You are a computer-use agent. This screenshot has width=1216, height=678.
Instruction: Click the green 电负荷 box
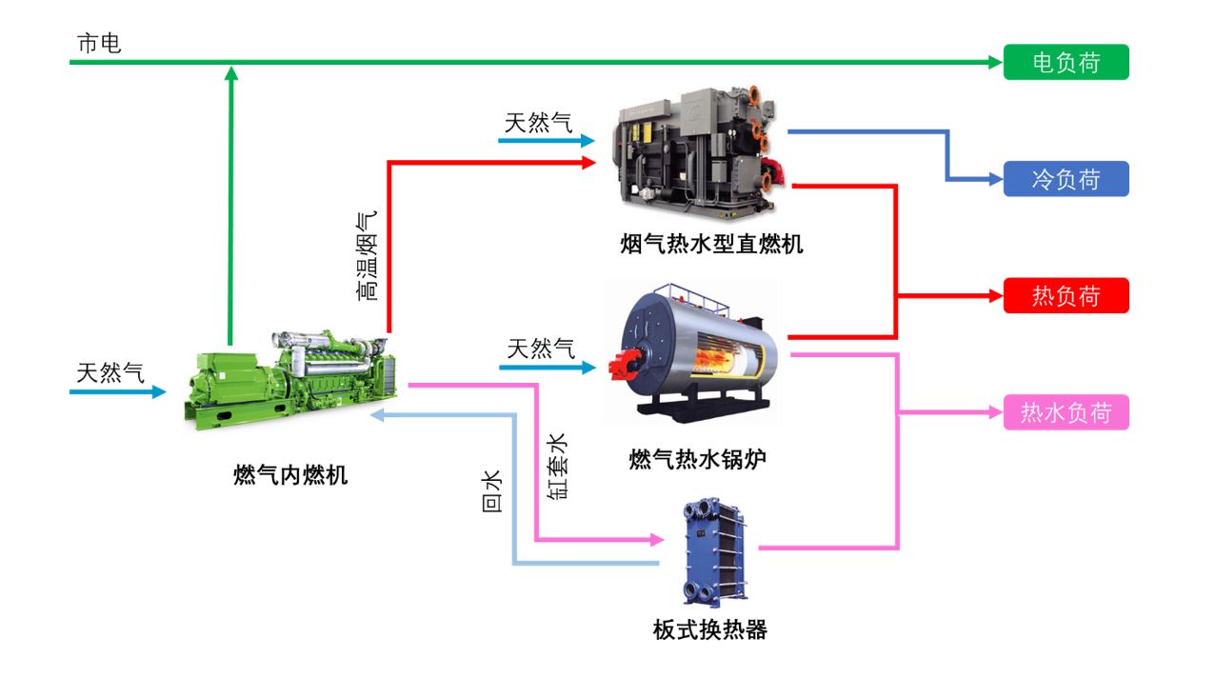point(1066,63)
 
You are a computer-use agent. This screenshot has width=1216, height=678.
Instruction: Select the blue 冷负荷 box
point(1066,179)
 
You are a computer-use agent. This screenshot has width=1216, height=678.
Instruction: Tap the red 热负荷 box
point(1066,296)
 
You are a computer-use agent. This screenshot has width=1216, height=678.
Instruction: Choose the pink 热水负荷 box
point(1066,413)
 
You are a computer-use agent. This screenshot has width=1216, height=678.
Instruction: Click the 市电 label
point(99,44)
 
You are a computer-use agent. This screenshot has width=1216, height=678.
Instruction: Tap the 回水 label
point(492,491)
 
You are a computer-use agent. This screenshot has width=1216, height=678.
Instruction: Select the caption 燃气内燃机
point(290,474)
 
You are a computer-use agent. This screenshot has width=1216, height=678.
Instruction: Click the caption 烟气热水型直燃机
point(711,245)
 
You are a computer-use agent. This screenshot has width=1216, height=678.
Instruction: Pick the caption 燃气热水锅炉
point(698,459)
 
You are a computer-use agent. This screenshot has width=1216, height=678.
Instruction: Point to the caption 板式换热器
point(709,629)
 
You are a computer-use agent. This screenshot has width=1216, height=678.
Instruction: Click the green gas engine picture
point(290,381)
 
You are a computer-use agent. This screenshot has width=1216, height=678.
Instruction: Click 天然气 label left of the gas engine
point(110,372)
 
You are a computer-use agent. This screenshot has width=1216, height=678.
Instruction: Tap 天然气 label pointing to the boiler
point(541,349)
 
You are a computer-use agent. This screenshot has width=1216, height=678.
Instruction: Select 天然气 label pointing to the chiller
point(538,123)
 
